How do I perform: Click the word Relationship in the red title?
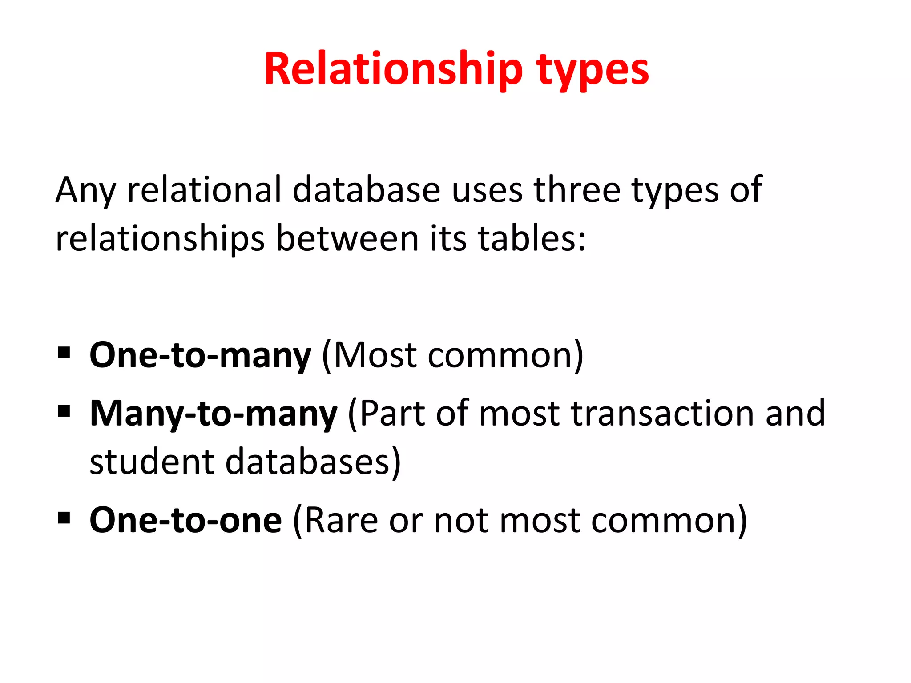click(393, 69)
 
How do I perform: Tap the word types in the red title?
click(593, 71)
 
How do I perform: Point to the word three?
click(577, 190)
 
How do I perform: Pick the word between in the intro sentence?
click(347, 239)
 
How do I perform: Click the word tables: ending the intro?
click(532, 239)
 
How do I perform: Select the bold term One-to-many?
click(200, 355)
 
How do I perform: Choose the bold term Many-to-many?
click(214, 414)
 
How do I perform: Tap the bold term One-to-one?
click(185, 520)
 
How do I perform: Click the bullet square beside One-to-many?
click(64, 354)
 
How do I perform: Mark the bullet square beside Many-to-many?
click(64, 411)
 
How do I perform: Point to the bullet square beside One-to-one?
click(64, 518)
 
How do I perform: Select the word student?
click(152, 462)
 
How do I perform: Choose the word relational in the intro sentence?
click(204, 190)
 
